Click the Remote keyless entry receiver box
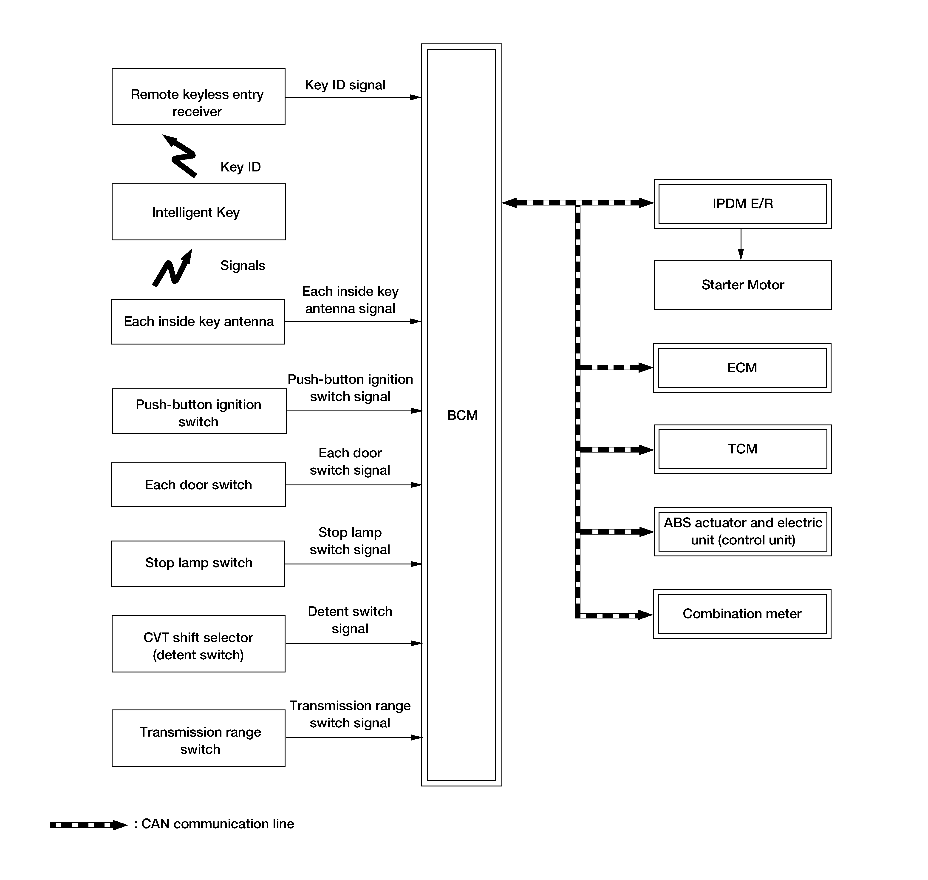click(x=198, y=97)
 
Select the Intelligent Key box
click(x=199, y=212)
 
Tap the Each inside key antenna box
click(x=198, y=322)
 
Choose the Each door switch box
click(x=198, y=484)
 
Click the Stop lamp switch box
click(x=198, y=563)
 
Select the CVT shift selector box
click(x=198, y=644)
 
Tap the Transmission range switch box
click(x=198, y=738)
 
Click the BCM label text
click(x=462, y=415)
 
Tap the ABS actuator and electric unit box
click(x=743, y=532)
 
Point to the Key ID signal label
click(x=345, y=85)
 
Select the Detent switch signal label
click(x=350, y=620)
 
